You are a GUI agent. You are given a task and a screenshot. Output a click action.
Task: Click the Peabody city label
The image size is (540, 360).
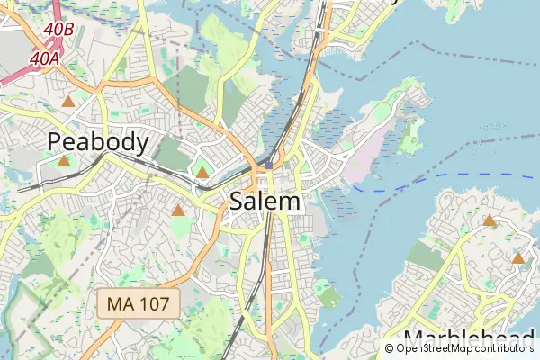(98, 141)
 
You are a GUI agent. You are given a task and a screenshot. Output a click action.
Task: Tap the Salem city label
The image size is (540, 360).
(265, 202)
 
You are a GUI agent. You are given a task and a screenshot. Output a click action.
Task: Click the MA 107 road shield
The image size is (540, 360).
(138, 303)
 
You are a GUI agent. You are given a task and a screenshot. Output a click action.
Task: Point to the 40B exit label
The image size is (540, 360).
(58, 30)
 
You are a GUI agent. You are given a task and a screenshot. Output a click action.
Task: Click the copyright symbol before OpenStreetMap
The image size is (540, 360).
(390, 347)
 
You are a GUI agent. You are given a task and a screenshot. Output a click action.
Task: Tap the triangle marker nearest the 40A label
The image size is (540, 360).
(68, 101)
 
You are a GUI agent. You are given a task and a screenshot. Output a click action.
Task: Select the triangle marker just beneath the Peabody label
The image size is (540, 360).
(63, 161)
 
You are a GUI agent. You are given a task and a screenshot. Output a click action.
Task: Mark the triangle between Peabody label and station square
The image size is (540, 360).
(202, 171)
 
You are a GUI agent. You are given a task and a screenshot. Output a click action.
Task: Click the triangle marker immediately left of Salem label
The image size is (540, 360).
(178, 211)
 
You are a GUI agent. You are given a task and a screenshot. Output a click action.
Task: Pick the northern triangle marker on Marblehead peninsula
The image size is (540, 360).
(490, 220)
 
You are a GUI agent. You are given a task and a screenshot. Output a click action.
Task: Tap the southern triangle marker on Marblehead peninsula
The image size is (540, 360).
(518, 258)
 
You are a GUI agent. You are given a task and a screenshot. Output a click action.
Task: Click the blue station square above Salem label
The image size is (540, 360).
(268, 166)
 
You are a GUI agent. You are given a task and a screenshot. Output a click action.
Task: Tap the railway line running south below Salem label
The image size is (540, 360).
(267, 261)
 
